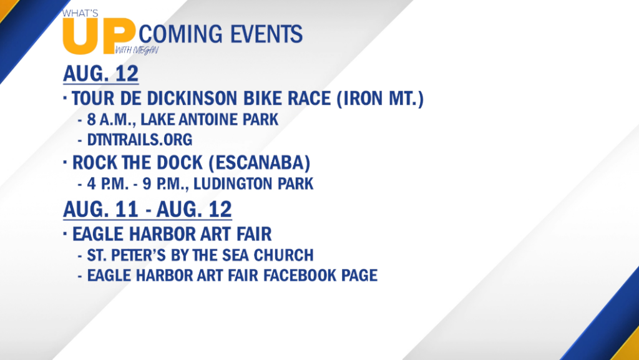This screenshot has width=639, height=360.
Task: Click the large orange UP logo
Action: [x=99, y=36]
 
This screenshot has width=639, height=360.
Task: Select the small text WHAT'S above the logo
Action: [x=80, y=14]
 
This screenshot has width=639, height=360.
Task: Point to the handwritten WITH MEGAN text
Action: [x=137, y=51]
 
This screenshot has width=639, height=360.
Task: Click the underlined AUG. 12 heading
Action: [x=100, y=74]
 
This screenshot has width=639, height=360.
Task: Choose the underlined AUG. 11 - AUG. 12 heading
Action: [x=147, y=210]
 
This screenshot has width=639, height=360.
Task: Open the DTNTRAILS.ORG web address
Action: [x=140, y=140]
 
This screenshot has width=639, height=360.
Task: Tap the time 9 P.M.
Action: [x=164, y=184]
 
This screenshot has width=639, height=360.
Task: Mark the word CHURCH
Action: [x=284, y=255]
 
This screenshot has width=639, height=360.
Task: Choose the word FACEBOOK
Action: [x=301, y=276]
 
